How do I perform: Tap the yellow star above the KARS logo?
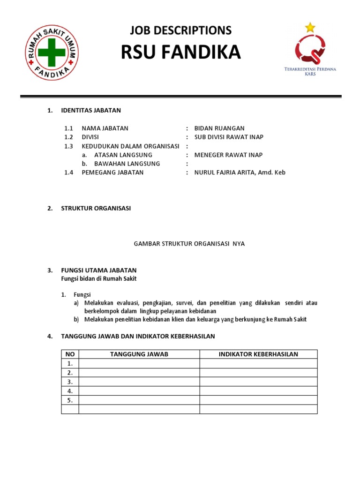310,27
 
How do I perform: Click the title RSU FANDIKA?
180,53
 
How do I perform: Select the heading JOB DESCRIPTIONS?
180,30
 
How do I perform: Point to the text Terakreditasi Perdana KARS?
310,71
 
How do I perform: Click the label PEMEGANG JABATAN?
112,172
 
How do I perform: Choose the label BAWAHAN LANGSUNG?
127,164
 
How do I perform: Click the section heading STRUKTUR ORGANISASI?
96,209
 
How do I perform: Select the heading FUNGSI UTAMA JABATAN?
99,270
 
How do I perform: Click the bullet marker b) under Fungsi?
76,320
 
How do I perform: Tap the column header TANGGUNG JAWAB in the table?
139,354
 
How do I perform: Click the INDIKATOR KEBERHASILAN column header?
258,354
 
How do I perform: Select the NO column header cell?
70,354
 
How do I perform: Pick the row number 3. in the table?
70,382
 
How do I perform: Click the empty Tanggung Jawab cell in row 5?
139,400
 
